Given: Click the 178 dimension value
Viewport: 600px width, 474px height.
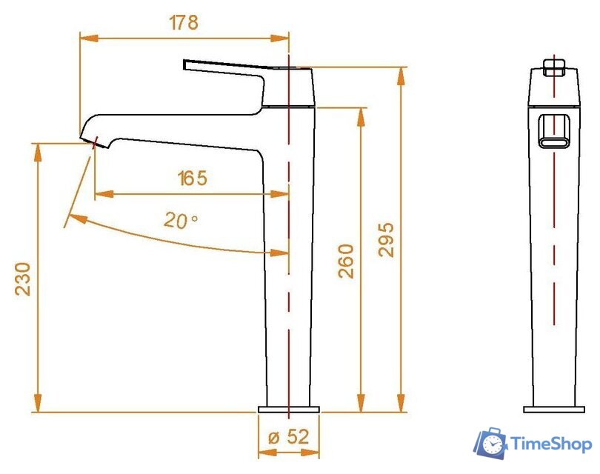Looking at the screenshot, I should pos(184,22).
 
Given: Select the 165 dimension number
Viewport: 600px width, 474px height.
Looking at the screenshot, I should pos(192,178).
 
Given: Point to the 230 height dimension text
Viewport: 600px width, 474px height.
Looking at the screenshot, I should pos(23,278).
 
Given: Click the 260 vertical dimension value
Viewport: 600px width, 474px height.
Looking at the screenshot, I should pos(346,260).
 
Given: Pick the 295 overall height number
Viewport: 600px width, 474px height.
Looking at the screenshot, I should pos(387,239).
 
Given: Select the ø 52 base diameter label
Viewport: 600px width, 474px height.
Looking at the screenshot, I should pos(288,437).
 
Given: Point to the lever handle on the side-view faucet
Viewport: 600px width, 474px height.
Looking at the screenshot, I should pos(222,67).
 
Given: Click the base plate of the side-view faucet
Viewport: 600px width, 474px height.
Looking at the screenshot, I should pos(289,409).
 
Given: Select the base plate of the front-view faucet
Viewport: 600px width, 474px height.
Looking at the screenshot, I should pos(554,409).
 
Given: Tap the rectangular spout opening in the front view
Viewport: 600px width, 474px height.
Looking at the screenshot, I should pos(554,131).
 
